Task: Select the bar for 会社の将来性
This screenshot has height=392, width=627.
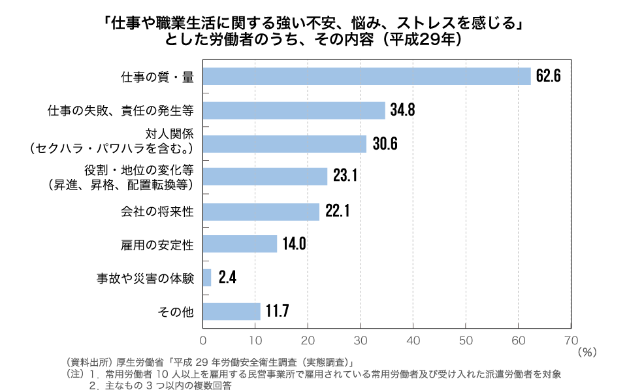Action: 261,211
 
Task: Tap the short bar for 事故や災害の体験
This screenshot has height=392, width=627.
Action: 207,278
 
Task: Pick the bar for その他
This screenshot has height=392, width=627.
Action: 232,312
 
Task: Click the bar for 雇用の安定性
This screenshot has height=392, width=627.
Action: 240,244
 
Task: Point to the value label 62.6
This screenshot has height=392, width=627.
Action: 549,76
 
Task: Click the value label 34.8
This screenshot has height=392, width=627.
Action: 402,110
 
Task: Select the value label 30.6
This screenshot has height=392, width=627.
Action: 384,144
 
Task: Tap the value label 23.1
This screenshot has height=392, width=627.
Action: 344,177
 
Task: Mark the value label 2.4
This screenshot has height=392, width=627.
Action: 227,278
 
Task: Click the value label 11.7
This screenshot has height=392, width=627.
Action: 276,312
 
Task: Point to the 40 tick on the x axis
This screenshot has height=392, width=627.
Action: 413,339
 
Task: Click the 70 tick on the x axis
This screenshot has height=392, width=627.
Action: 570,339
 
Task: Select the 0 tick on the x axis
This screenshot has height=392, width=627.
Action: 203,339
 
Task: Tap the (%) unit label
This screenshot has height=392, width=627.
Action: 587,351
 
